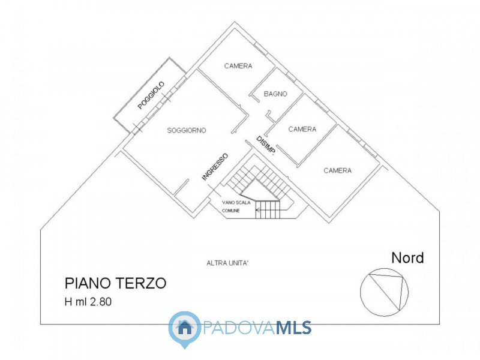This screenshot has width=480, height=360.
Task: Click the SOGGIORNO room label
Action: click(187, 130)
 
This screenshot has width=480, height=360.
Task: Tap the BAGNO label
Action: click(275, 94)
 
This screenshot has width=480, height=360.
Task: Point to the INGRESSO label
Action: click(215, 166)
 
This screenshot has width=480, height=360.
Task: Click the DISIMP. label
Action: click(266, 146)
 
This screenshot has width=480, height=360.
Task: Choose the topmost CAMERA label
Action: click(238, 66)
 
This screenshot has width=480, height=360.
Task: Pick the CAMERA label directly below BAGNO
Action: click(302, 129)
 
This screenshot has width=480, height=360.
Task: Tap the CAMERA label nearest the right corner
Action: click(337, 170)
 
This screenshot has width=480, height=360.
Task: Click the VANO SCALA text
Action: click(235, 203)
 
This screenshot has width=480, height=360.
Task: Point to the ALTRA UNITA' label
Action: click(227, 263)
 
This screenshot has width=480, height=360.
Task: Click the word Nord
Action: click(407, 258)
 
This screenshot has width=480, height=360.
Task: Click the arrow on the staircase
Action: click(260, 209)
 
